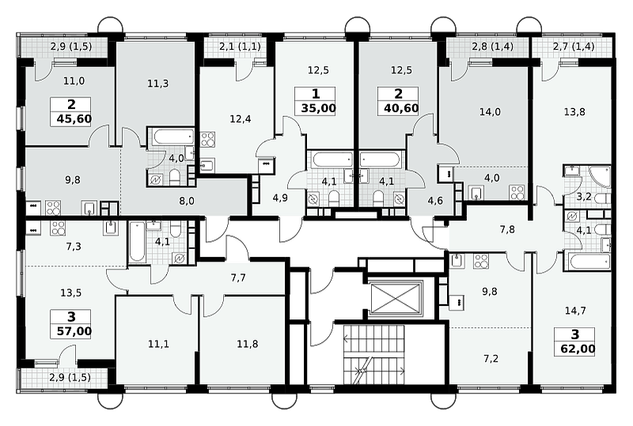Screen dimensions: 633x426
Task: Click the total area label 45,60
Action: (x=74, y=119)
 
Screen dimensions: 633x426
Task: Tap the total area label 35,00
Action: (x=319, y=108)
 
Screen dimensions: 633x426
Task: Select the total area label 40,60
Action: (x=401, y=108)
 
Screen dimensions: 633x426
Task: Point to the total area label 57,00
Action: (x=74, y=331)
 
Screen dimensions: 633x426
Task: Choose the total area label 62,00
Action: (x=578, y=349)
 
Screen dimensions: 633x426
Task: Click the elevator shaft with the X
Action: (x=395, y=298)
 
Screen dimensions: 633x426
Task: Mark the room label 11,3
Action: (x=157, y=84)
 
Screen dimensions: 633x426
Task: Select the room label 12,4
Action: (x=241, y=119)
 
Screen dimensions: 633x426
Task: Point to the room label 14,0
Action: (x=490, y=111)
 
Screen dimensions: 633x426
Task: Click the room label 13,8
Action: (x=574, y=111)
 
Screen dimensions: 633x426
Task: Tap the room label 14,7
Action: (x=575, y=311)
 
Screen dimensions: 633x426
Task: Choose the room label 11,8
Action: (x=248, y=344)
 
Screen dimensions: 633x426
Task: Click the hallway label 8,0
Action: (x=187, y=201)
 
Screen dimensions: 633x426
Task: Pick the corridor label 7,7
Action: (x=238, y=277)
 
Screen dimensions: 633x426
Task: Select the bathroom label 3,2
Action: (x=584, y=197)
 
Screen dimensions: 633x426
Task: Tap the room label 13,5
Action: (x=70, y=292)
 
